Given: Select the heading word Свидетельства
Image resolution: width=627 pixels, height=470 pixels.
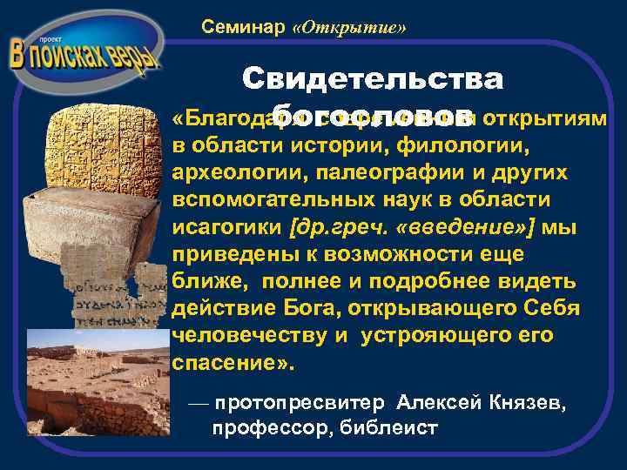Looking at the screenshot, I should tap(373, 79).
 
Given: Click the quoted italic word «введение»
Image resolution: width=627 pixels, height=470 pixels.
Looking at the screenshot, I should tap(471, 228).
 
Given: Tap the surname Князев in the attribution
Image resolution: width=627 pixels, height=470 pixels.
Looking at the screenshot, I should tap(524, 403).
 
